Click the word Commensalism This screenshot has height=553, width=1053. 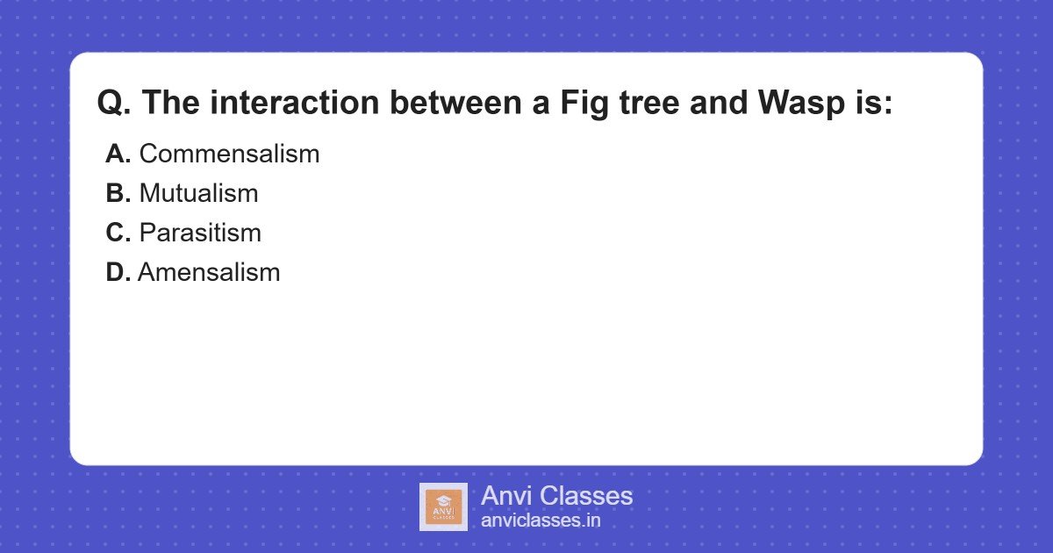click(x=229, y=154)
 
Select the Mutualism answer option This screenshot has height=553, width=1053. click(x=198, y=194)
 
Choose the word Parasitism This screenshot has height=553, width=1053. click(x=200, y=233)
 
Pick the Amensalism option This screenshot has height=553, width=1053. click(x=209, y=273)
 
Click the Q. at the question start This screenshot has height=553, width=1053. click(x=114, y=104)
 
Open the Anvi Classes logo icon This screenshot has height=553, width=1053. click(x=443, y=506)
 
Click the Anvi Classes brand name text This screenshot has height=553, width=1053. click(x=556, y=496)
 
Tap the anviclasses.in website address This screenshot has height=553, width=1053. click(x=541, y=521)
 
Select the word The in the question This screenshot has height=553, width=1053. click(x=171, y=104)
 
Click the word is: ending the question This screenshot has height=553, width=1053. click(x=871, y=104)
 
